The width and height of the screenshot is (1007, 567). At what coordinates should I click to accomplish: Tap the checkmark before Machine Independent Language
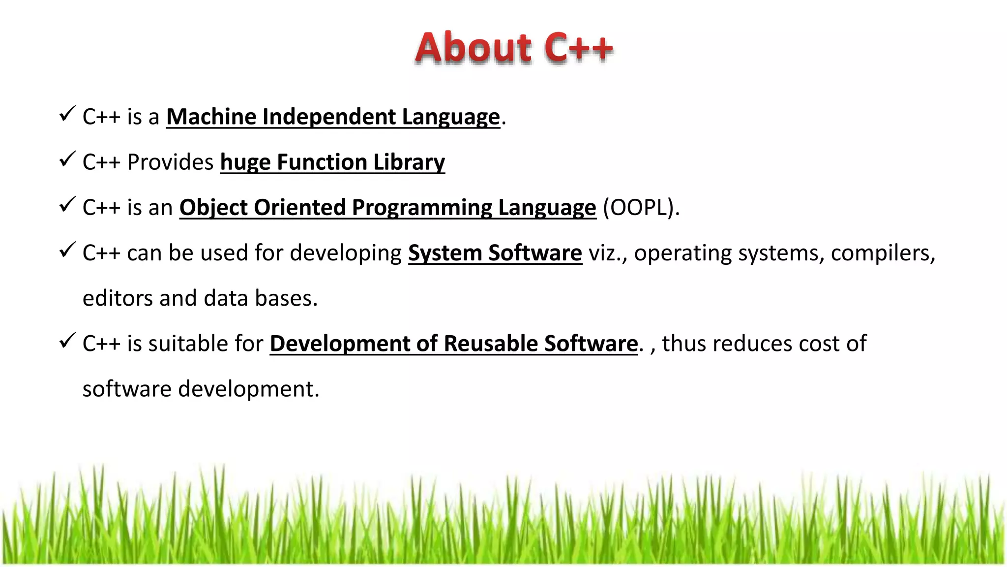pos(67,114)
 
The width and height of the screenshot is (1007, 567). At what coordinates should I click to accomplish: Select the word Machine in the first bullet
pos(211,117)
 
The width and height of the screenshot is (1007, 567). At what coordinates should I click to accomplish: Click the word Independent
pos(329,117)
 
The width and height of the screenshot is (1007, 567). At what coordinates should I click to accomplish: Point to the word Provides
pos(170,162)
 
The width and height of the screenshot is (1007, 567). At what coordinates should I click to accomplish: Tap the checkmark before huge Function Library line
pos(67,159)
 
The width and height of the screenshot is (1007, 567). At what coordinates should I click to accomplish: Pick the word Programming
pos(422,208)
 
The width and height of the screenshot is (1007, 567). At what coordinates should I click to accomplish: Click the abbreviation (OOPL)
pos(641,208)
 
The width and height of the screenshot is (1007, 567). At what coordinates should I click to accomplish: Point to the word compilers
pos(883,253)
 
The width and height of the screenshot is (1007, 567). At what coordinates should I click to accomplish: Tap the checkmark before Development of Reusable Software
pos(67,341)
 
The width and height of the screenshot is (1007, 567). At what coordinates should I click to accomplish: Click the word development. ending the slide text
pos(248,389)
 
